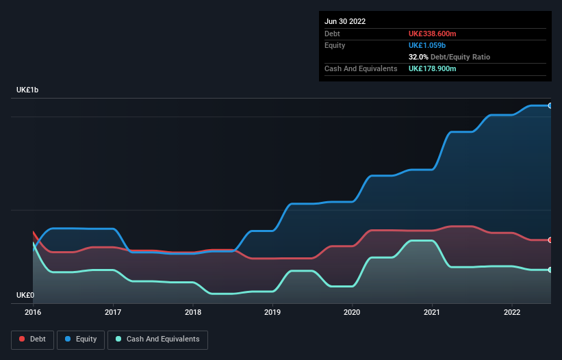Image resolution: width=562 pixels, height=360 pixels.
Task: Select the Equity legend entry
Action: click(81, 339)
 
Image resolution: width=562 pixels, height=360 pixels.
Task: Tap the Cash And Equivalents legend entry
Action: click(157, 339)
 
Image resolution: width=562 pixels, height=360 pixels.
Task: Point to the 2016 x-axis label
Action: click(33, 313)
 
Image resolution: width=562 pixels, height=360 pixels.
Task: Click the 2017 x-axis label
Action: click(113, 313)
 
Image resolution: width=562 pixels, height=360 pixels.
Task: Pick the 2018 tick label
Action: click(193, 313)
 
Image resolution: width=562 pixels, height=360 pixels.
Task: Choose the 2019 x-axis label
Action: click(272, 313)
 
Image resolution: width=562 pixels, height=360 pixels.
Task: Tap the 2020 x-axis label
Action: click(353, 313)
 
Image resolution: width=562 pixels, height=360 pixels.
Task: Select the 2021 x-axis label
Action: click(433, 313)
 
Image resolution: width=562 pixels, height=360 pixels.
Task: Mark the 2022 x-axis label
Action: click(512, 313)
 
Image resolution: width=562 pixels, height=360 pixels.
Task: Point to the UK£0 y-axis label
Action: click(25, 296)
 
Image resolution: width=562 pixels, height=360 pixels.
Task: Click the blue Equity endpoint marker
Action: click(550, 105)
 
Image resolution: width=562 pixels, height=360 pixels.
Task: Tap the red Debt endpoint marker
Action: click(550, 240)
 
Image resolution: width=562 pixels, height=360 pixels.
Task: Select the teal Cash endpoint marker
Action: click(550, 270)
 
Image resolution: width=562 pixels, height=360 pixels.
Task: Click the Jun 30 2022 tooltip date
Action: click(345, 21)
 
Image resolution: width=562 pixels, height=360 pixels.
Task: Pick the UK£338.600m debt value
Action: click(433, 34)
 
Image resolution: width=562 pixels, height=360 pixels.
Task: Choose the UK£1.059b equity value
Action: click(427, 45)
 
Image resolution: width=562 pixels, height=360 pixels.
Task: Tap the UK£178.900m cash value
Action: click(433, 69)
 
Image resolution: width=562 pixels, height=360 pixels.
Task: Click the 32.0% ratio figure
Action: click(420, 57)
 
